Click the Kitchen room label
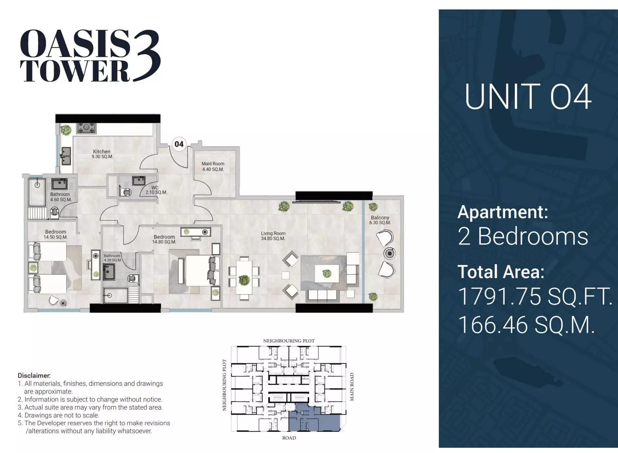[102, 154]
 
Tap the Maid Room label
[213, 166]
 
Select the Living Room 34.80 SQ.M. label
[273, 236]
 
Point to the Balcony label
[380, 220]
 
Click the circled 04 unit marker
[179, 144]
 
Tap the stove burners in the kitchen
[87, 128]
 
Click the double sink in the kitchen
[66, 156]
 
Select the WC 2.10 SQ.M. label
[156, 190]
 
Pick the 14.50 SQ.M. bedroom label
[56, 234]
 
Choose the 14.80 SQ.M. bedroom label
[164, 239]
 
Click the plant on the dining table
[244, 280]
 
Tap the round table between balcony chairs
[389, 253]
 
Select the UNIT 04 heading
[528, 97]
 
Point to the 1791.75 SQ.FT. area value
[535, 296]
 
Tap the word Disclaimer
[34, 375]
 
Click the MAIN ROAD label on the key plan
[352, 387]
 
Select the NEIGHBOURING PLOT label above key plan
[289, 341]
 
